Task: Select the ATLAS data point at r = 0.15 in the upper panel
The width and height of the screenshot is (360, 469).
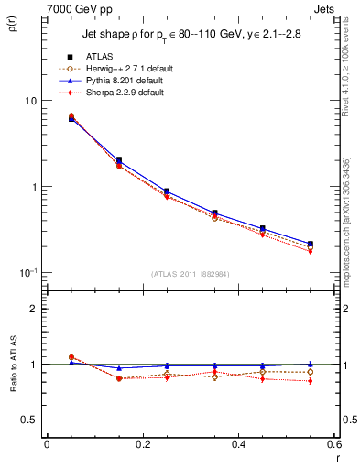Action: coord(119,160)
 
